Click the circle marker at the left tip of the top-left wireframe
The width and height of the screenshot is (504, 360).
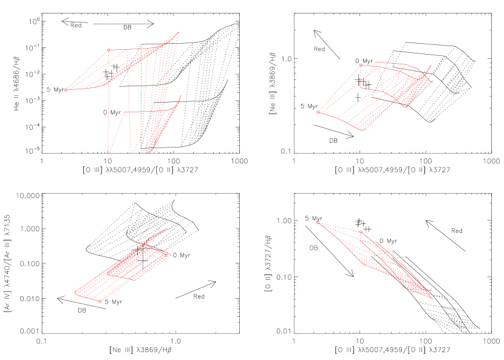coord(66,90)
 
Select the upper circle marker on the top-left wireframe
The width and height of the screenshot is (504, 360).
coord(109,50)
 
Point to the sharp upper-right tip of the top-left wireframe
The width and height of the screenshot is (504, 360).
coord(179,32)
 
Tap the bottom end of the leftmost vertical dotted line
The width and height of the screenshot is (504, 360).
coord(109,152)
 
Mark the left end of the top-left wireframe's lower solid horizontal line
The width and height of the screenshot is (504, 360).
coord(124,112)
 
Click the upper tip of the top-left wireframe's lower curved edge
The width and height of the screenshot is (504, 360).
coord(180,95)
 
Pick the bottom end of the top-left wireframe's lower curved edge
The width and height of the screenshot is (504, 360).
coord(148,152)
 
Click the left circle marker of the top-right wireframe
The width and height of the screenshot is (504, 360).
coord(318,112)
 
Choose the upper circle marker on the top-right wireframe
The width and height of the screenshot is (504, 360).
coord(361,66)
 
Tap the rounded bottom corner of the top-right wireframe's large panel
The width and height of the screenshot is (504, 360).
coord(362,130)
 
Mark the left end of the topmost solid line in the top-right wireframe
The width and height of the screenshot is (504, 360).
coord(375,61)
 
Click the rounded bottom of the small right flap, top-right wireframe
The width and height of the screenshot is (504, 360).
coord(406,107)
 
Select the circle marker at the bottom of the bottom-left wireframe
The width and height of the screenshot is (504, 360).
coord(100,301)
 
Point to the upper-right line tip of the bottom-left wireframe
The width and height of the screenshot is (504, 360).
coord(166,229)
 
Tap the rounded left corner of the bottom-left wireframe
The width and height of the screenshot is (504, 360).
coord(75,293)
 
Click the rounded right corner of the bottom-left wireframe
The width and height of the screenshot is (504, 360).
coord(169,255)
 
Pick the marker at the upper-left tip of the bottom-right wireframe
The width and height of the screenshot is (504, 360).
coord(318,223)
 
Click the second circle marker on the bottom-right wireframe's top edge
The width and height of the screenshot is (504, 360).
coord(361,232)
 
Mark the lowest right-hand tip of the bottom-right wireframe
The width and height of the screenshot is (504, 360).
coord(433,299)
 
